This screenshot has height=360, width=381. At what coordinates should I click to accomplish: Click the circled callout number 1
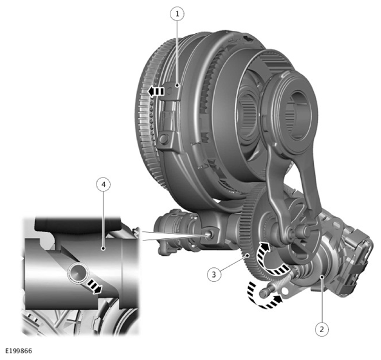click(177, 14)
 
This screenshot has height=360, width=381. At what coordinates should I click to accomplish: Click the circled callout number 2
click(322, 329)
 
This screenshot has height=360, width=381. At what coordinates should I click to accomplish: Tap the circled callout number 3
click(214, 275)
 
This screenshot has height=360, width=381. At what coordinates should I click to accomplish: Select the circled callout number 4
click(104, 185)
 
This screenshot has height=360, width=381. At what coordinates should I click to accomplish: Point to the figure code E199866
click(19, 351)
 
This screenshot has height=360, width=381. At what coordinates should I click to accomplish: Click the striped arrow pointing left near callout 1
click(156, 92)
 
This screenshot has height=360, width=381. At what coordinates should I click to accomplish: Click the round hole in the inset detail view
click(78, 273)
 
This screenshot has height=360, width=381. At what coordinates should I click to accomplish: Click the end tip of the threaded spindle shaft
click(262, 294)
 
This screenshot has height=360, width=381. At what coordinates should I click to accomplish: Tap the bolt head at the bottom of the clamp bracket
click(164, 139)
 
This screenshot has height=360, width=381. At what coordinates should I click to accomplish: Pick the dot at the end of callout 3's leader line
click(248, 255)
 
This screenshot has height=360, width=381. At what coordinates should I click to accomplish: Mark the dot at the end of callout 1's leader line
click(177, 85)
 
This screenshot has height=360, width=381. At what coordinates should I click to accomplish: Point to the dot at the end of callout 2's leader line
click(322, 276)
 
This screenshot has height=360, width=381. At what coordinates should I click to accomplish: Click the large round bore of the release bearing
click(299, 115)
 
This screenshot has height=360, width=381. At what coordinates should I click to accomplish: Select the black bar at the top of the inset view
click(78, 224)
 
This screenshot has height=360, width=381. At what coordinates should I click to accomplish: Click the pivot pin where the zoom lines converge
click(209, 234)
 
